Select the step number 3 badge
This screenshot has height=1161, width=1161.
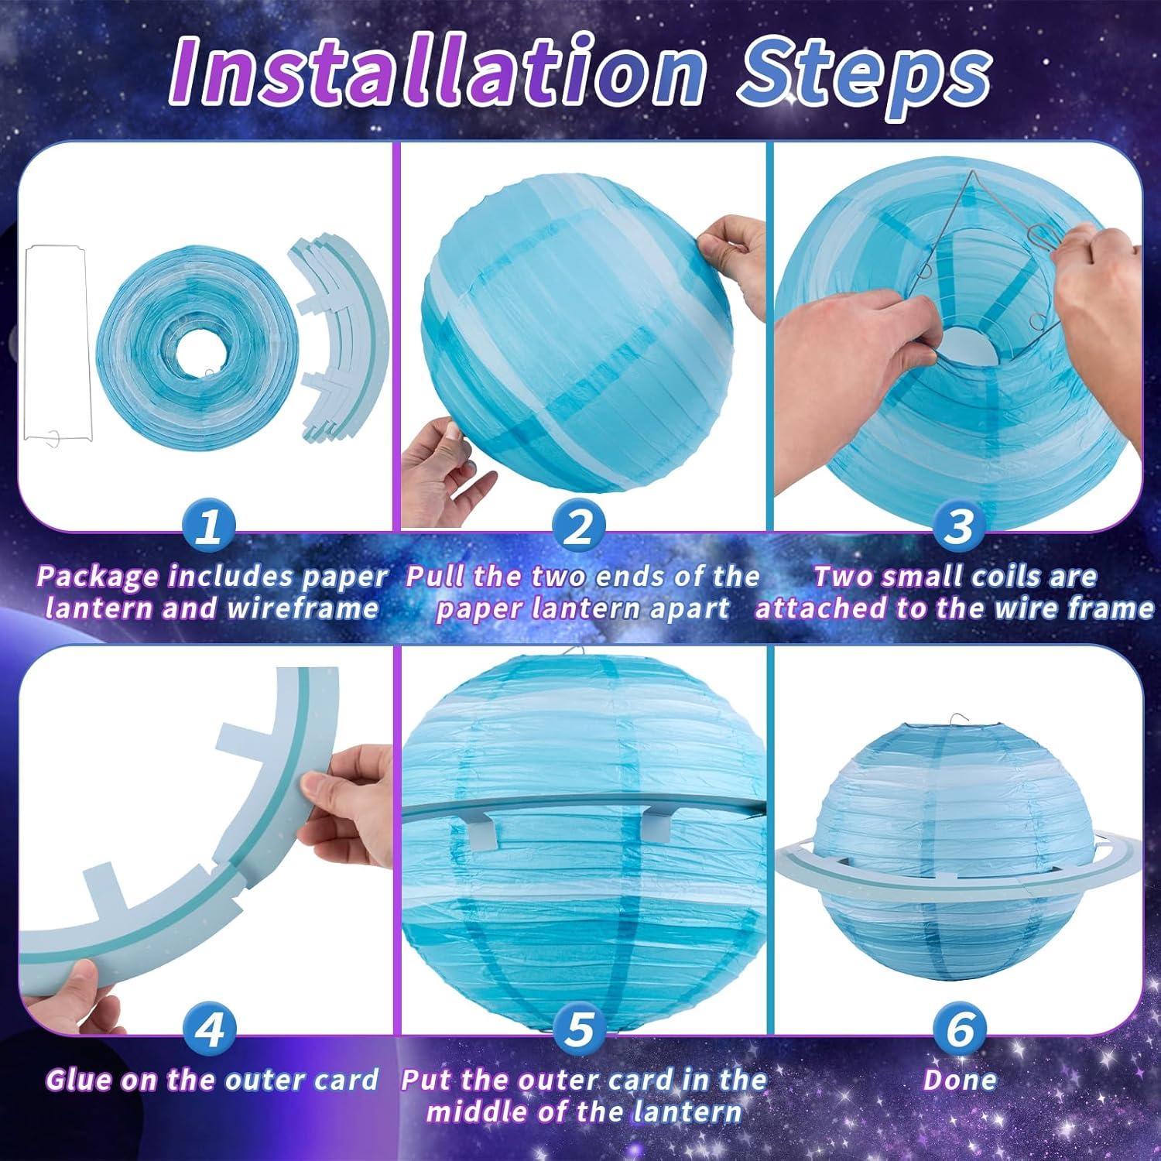[x=959, y=527]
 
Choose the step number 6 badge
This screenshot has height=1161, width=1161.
[x=959, y=1030]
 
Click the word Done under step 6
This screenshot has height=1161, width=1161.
[x=960, y=1080]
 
